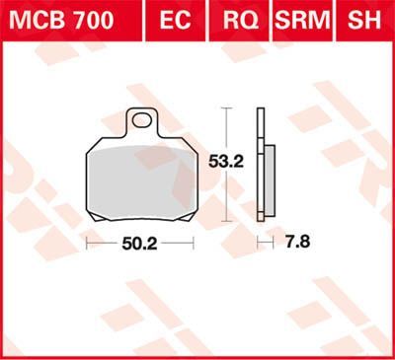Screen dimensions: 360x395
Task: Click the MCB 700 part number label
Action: (60, 19)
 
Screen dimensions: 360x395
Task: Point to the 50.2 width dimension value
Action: (140, 242)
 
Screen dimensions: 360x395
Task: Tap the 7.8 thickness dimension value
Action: (284, 242)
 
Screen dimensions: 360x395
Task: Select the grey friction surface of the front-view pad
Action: (140, 179)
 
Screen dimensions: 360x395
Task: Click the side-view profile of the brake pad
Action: (261, 163)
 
